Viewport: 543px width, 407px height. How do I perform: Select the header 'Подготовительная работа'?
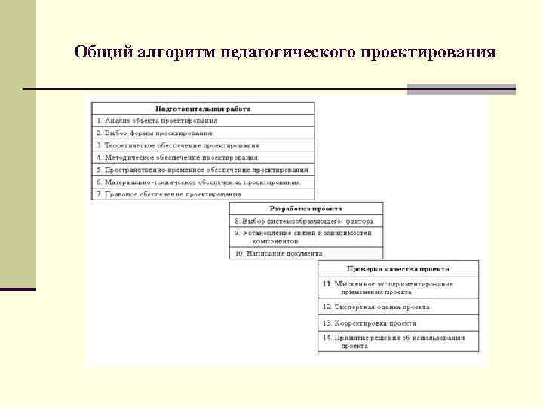[203, 109]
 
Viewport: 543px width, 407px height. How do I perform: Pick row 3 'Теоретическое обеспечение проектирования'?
[178, 145]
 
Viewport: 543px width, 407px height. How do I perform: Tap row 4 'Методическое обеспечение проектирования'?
[176, 158]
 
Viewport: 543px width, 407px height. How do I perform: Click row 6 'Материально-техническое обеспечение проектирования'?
[198, 182]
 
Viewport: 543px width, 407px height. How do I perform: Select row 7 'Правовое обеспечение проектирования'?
[167, 194]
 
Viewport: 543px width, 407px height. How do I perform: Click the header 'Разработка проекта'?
[306, 208]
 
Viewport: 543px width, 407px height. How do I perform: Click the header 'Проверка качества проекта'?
[398, 268]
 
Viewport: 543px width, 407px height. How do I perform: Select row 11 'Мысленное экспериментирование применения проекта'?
[388, 287]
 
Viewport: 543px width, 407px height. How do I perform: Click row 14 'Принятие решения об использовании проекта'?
[394, 341]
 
